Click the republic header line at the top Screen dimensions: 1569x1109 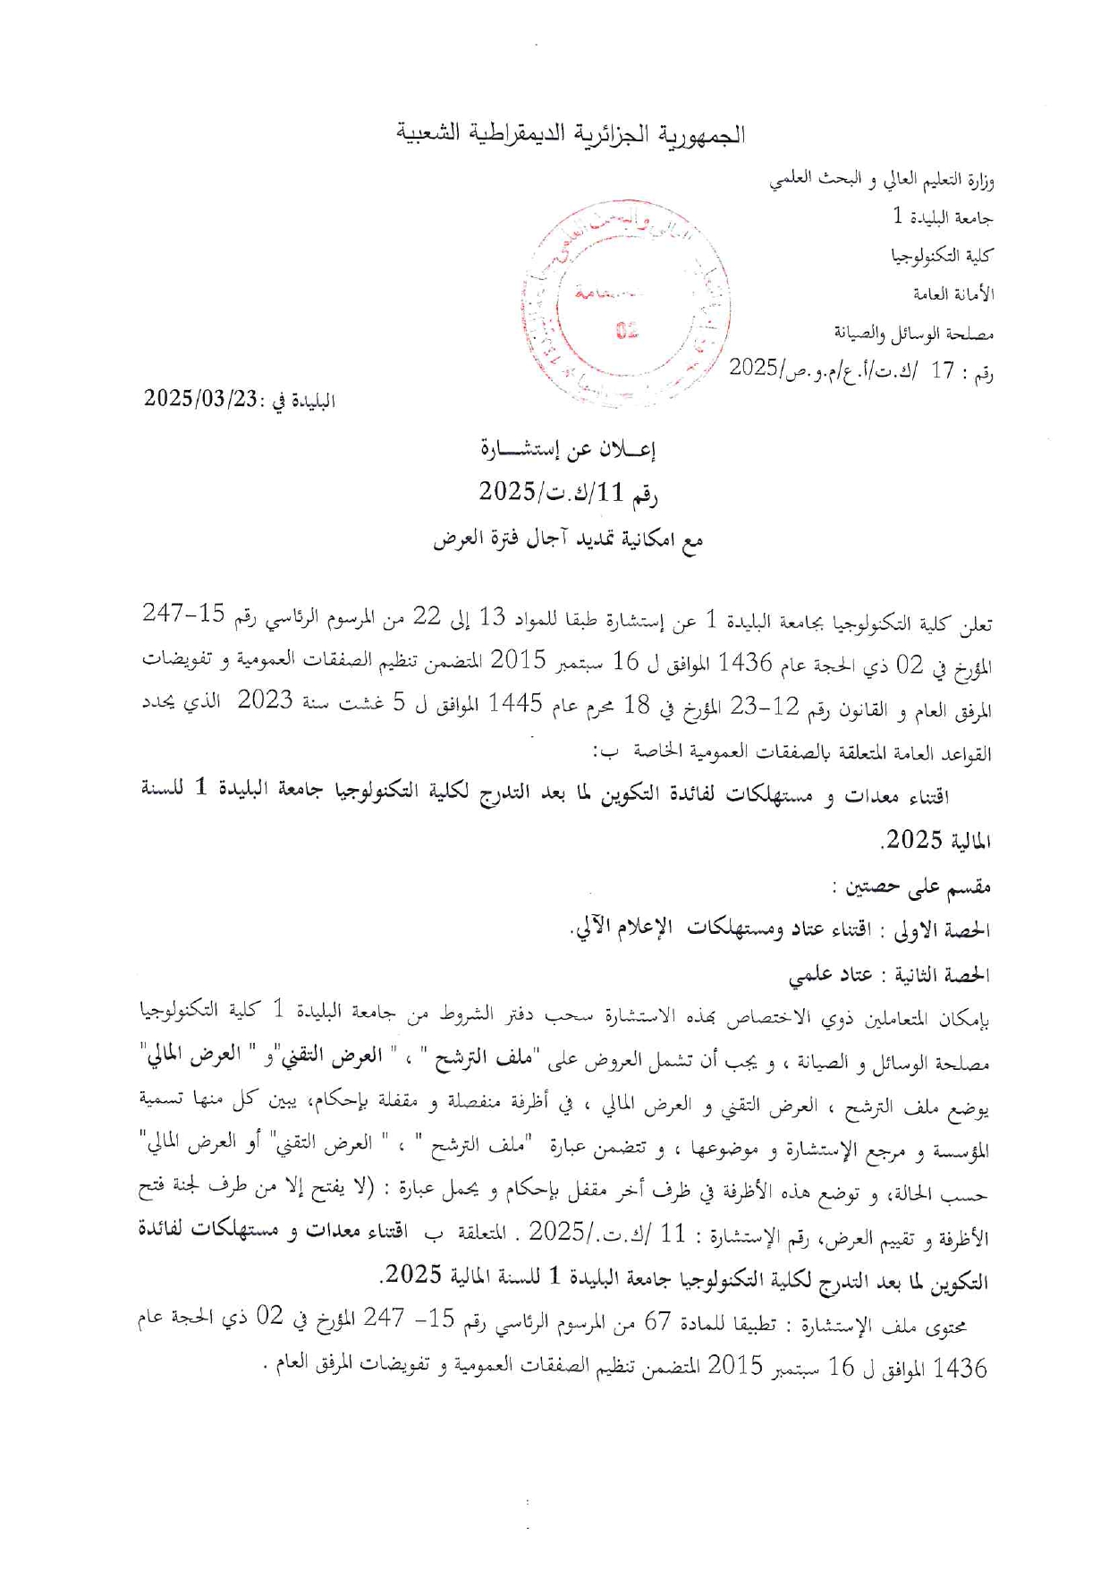[x=571, y=134]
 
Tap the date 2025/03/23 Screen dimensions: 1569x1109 [x=201, y=399]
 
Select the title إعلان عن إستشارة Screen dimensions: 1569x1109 [x=568, y=449]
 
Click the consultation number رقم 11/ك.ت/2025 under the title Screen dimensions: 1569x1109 [x=568, y=492]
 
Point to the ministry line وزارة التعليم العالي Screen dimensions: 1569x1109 [x=881, y=180]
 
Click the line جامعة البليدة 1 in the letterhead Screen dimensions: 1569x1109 [x=943, y=217]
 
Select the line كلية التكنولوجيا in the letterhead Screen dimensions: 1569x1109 [x=942, y=257]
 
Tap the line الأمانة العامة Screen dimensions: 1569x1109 [x=953, y=295]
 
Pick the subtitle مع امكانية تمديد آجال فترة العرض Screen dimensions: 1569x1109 [x=568, y=540]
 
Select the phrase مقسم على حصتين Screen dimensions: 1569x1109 [x=910, y=887]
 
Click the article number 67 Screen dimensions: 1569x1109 [x=658, y=1323]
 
